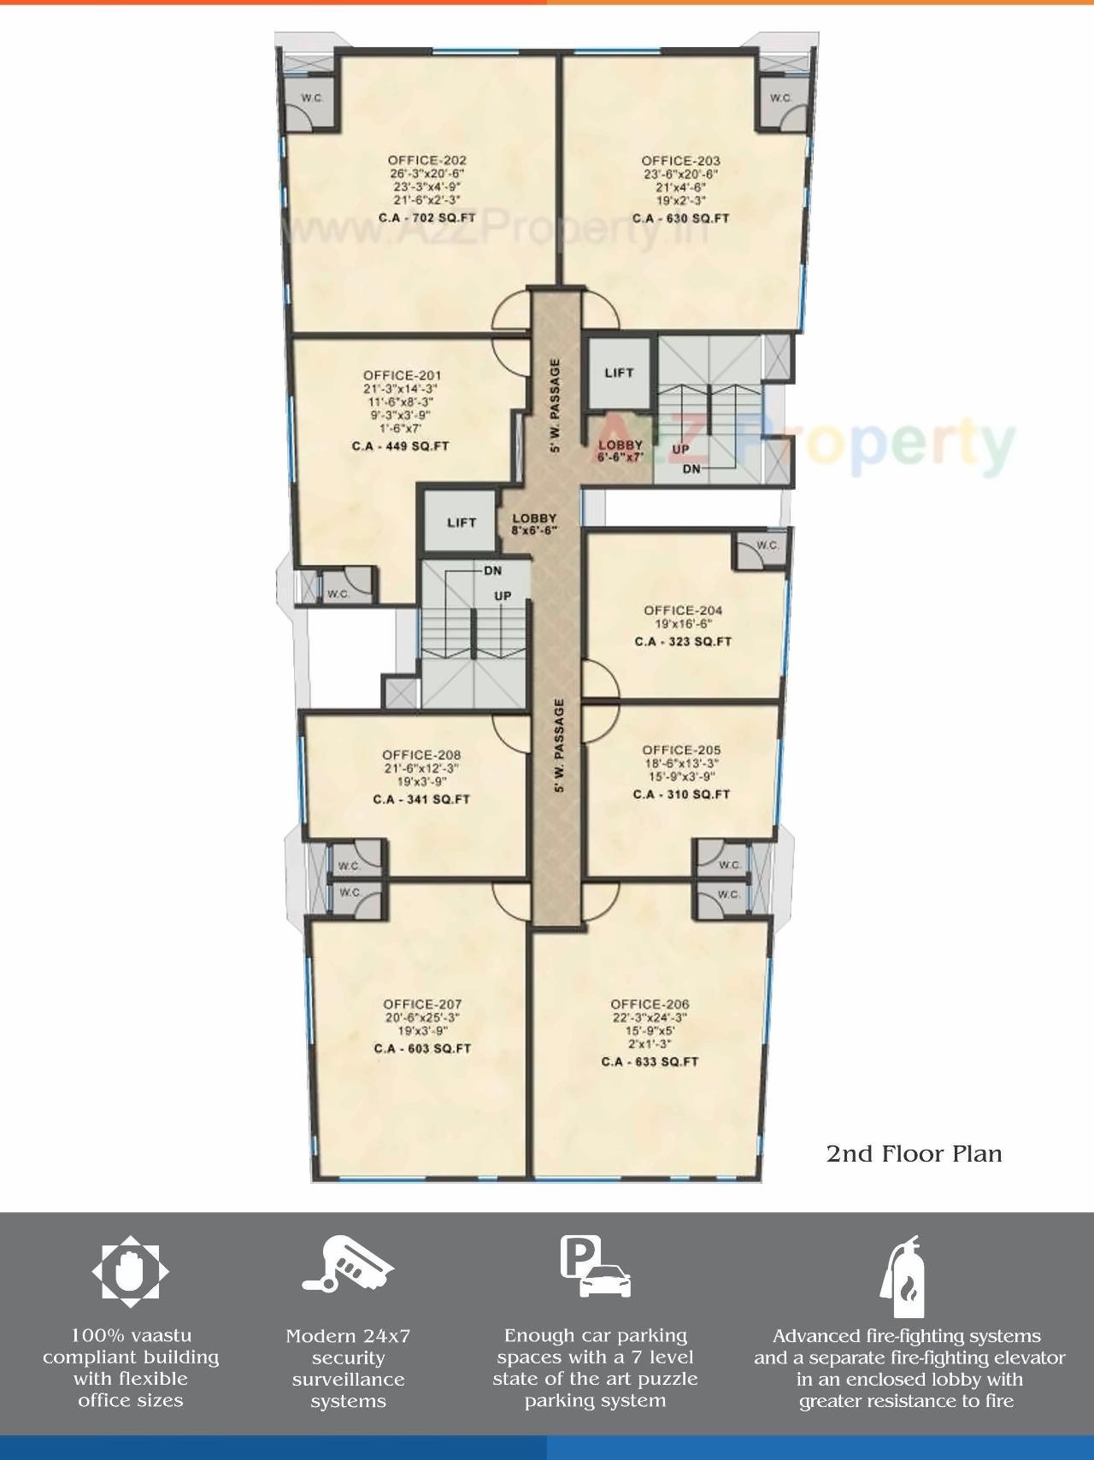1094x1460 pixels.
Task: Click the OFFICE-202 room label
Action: coord(426,160)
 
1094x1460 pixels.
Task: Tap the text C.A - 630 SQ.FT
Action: coord(680,218)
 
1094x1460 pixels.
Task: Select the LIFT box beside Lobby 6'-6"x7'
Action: coord(619,373)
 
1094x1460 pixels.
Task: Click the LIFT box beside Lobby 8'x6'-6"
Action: coord(462,522)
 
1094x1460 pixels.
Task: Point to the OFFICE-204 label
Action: coord(683,610)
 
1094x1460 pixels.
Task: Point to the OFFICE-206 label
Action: coord(650,1004)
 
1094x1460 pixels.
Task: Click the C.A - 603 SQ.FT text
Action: coord(422,1048)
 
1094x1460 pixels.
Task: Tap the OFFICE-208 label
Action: coord(421,755)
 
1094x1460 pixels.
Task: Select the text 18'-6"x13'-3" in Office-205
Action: coord(681,763)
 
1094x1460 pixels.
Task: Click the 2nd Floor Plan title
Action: coord(914,1154)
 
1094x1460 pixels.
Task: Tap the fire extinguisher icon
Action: coord(903,1279)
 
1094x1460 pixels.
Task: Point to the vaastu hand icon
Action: coord(131,1271)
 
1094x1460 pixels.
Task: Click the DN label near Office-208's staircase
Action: coord(492,571)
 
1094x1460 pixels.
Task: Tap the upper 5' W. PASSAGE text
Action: coord(556,405)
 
